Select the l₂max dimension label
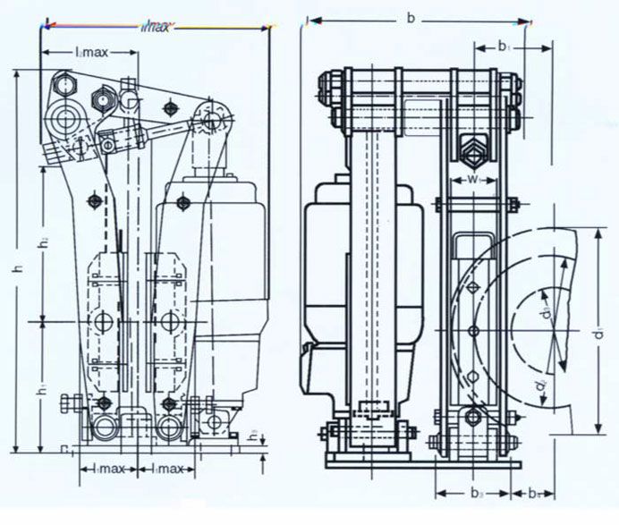click(x=89, y=53)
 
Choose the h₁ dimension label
click(x=43, y=392)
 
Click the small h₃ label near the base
click(x=253, y=436)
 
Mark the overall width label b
click(x=411, y=17)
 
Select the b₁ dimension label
click(x=504, y=44)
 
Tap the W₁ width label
click(x=474, y=178)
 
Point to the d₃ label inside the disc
click(x=544, y=316)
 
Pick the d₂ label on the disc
click(x=541, y=386)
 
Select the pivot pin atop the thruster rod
click(x=212, y=117)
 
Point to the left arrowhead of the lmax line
click(x=46, y=28)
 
